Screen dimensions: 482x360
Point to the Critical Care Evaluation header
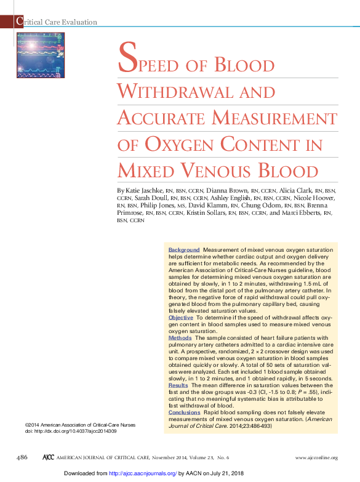[x=57, y=22]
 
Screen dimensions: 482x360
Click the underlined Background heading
[x=184, y=250]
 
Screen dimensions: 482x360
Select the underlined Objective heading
[x=181, y=317]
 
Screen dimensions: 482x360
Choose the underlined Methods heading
[x=180, y=338]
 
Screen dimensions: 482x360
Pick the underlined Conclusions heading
[x=184, y=412]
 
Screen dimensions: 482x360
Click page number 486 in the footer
[x=22, y=457]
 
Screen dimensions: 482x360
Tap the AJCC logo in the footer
[x=47, y=457]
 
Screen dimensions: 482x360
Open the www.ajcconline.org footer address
[x=316, y=458]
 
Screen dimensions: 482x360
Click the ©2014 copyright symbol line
[x=79, y=425]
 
